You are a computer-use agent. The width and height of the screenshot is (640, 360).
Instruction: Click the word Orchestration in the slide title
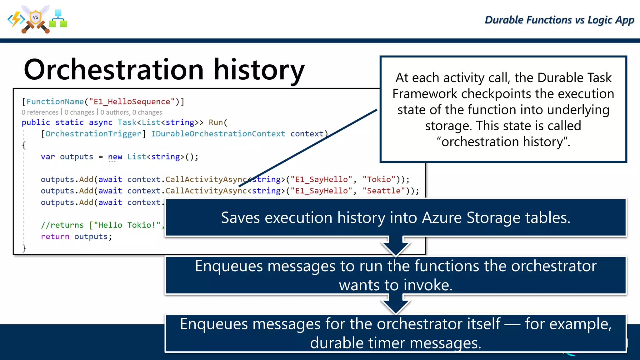(114, 70)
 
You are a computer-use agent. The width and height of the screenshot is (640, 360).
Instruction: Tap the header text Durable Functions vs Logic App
(559, 20)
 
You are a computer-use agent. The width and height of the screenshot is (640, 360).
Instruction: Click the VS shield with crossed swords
(36, 19)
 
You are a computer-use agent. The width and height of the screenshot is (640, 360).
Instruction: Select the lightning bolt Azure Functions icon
(16, 19)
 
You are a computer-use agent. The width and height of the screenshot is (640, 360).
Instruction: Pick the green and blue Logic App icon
(58, 19)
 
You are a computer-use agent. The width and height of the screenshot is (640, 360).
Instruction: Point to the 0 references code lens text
(40, 112)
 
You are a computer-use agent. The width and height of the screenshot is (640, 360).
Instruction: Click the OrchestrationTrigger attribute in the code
(93, 134)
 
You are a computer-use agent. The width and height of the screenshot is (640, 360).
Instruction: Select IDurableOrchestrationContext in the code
(218, 134)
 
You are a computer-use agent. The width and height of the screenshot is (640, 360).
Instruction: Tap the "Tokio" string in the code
(379, 179)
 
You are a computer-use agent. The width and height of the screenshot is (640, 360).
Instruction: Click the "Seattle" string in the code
(383, 191)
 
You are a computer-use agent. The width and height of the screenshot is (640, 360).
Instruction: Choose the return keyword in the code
(55, 237)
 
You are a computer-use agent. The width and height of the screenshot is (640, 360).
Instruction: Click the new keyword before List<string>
(115, 157)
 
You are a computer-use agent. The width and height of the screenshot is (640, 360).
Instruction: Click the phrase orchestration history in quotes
(503, 142)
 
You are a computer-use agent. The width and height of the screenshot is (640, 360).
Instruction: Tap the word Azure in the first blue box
(442, 217)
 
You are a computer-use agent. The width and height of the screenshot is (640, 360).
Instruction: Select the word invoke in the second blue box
(428, 285)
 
